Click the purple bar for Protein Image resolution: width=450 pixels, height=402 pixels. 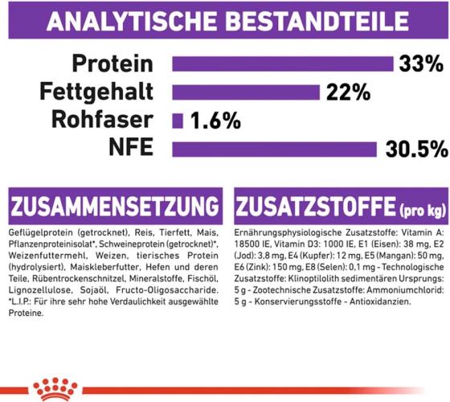click(281, 63)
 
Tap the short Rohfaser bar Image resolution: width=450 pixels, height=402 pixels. click(178, 121)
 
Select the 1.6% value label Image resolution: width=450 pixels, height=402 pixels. click(215, 121)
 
